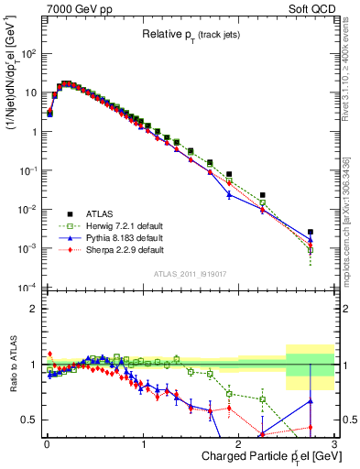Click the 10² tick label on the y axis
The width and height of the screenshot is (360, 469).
(28, 53)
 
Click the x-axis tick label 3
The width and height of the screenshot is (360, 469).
(334, 444)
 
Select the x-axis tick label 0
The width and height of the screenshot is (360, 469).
(46, 444)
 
